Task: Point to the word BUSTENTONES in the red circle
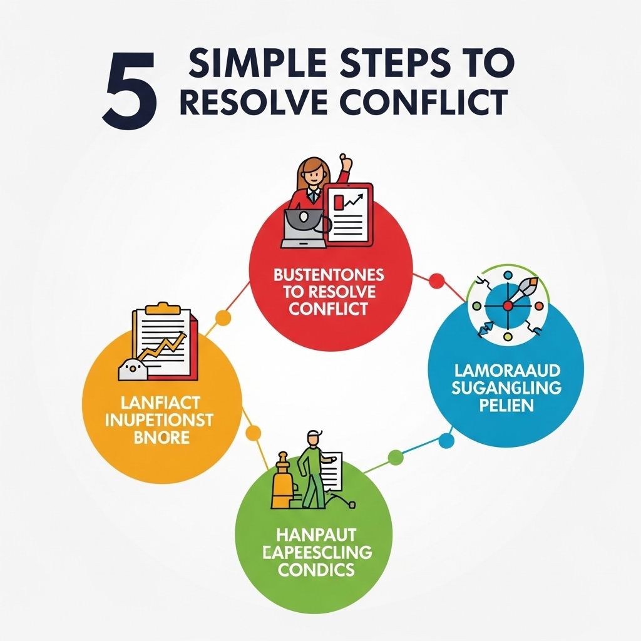(329, 275)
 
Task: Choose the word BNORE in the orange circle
(162, 436)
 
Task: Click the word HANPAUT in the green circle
(315, 535)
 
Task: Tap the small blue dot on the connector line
(446, 441)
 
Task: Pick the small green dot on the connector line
(395, 458)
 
